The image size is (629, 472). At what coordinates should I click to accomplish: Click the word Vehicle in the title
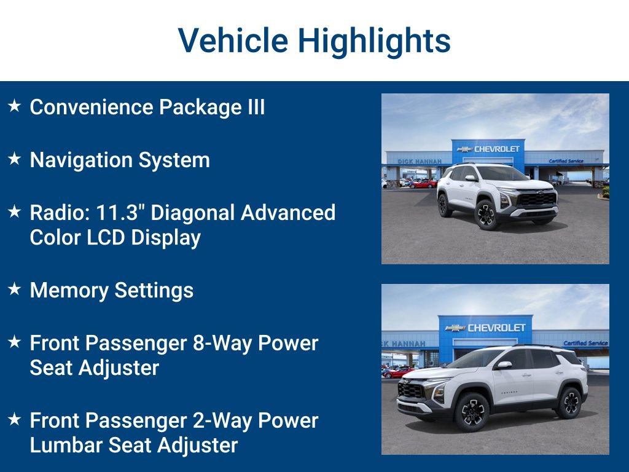233,41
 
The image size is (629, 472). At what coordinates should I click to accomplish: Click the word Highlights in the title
375,41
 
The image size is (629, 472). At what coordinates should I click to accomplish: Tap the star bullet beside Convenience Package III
15,106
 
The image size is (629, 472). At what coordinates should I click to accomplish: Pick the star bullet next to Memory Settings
15,289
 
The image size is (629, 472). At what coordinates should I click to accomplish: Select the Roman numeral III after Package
255,107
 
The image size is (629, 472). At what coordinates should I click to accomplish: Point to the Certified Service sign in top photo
566,161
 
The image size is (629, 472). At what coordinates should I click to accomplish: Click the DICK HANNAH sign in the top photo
420,161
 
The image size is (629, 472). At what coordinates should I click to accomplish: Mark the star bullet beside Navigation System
15,159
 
